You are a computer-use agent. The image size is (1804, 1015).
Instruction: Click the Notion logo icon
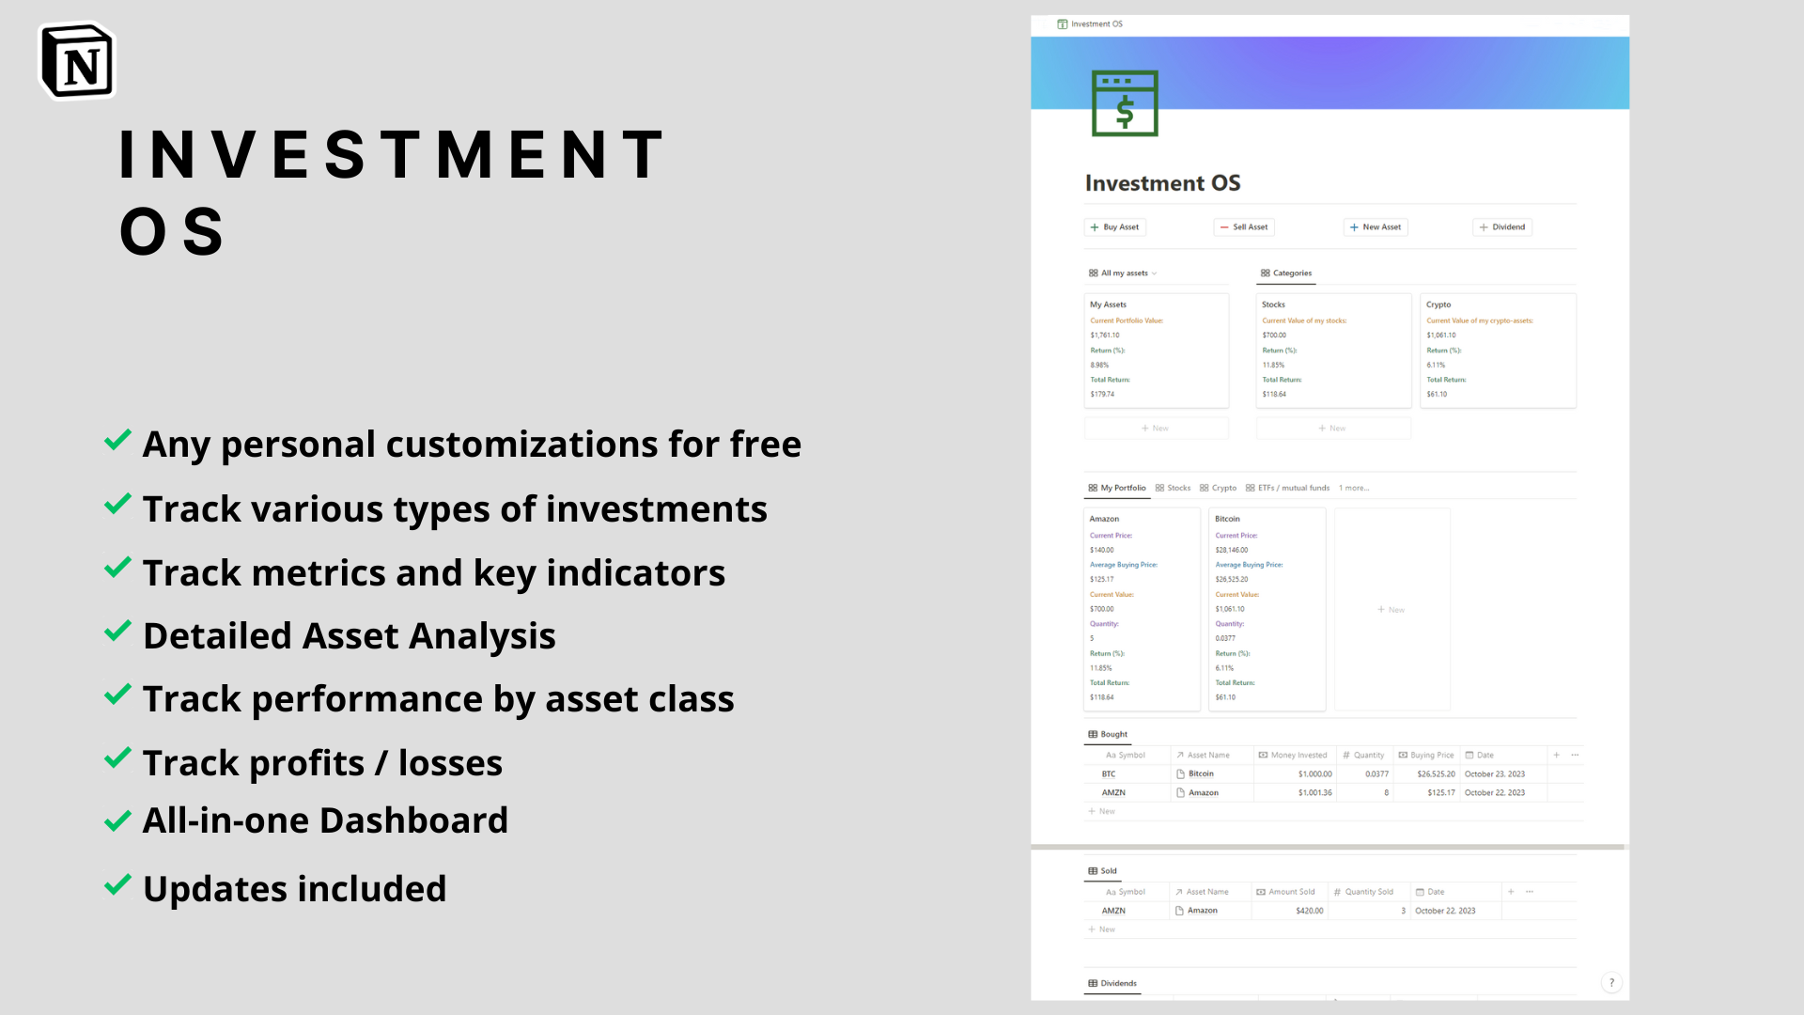pos(77,62)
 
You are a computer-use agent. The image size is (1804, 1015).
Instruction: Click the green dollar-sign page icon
pos(1125,103)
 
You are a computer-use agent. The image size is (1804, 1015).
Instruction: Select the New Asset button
pos(1376,227)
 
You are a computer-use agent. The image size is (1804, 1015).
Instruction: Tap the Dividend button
pos(1502,227)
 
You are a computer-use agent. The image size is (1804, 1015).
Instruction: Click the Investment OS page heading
pos(1162,183)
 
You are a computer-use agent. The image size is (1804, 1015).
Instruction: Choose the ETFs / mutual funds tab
pos(1287,489)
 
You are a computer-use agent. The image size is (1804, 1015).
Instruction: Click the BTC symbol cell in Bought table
pos(1109,774)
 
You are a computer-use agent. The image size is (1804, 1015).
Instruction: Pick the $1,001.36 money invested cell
pos(1314,793)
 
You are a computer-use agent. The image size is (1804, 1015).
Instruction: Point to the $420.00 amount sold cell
pos(1309,911)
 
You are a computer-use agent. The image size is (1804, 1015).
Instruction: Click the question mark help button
pos(1611,983)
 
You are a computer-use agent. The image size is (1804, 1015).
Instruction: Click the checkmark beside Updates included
pos(117,885)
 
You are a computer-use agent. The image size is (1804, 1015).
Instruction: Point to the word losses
pos(450,764)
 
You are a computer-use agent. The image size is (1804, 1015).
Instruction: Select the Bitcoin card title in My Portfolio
pos(1227,519)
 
